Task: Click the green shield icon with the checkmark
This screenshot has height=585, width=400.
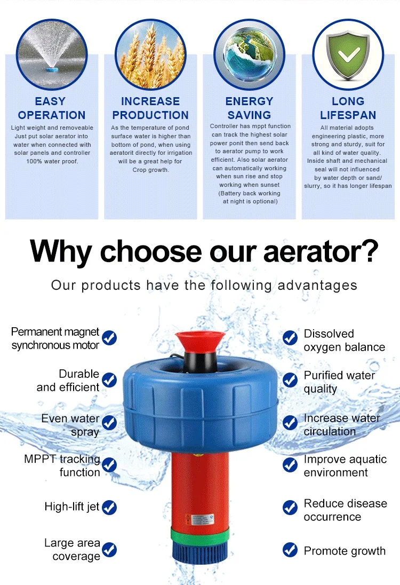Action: tap(348, 55)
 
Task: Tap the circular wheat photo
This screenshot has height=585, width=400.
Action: tap(151, 55)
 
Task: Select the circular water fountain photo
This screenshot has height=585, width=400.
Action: tap(52, 55)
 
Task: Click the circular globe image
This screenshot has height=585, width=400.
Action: tap(250, 55)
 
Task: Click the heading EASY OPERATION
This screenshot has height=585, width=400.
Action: tap(52, 108)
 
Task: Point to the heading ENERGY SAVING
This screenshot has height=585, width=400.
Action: tap(250, 108)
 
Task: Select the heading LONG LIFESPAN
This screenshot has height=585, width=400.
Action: tap(348, 108)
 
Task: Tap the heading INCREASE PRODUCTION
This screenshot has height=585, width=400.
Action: tap(150, 108)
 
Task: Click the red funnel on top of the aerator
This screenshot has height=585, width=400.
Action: tap(200, 341)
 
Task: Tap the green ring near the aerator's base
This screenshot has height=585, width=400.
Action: tap(201, 534)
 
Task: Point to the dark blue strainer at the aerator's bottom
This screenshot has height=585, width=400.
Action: tap(201, 553)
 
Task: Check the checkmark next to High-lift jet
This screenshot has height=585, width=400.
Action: tap(109, 507)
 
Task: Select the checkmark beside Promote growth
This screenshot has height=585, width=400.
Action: tap(290, 550)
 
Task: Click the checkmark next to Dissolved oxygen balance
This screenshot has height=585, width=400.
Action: tap(290, 337)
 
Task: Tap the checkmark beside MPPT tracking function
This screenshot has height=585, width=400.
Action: tap(109, 465)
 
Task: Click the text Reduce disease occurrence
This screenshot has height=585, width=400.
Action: tap(345, 510)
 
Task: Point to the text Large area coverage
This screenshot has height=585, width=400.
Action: tap(73, 550)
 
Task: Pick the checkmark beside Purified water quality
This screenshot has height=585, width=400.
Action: tap(290, 380)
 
